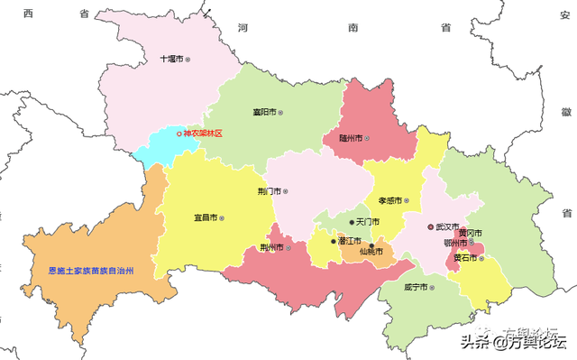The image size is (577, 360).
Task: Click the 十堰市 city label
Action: pyautogui.click(x=171, y=59)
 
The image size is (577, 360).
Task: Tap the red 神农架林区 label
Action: pyautogui.click(x=202, y=134)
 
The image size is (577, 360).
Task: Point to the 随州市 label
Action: pyautogui.click(x=351, y=138)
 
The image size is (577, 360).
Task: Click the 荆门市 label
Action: pyautogui.click(x=269, y=191)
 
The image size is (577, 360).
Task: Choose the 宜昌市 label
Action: pyautogui.click(x=206, y=217)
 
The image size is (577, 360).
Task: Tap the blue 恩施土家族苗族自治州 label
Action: pyautogui.click(x=93, y=270)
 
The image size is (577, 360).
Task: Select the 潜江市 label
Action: pyautogui.click(x=349, y=241)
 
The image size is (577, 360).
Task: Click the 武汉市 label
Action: pyautogui.click(x=444, y=226)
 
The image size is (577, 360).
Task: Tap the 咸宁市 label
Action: pyautogui.click(x=417, y=287)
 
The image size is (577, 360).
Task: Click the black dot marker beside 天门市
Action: pyautogui.click(x=352, y=222)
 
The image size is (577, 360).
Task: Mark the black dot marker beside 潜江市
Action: pyautogui.click(x=333, y=241)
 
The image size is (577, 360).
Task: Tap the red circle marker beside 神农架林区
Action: pyautogui.click(x=179, y=134)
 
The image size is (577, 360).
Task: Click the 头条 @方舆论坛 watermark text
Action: pyautogui.click(x=513, y=341)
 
